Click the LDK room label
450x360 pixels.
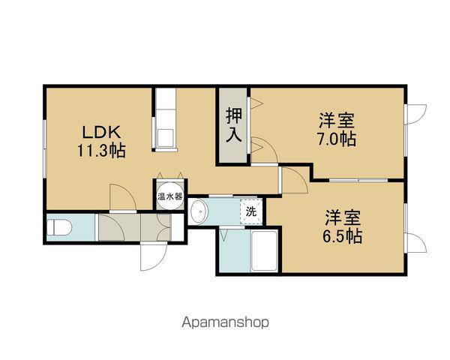pos(97,131)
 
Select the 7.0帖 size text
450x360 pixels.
pos(336,139)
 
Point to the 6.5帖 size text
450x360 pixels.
pos(343,236)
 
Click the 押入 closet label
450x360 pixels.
pos(234,125)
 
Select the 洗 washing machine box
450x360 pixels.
pos(250,211)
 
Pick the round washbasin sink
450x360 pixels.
pos(199,212)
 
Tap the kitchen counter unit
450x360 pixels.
pos(164,120)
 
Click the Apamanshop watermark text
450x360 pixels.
pos(225,322)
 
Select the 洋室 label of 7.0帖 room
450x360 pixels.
pos(336,120)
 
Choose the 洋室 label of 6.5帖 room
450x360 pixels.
pos(343,218)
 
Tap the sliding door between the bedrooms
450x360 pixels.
pos(358,181)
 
